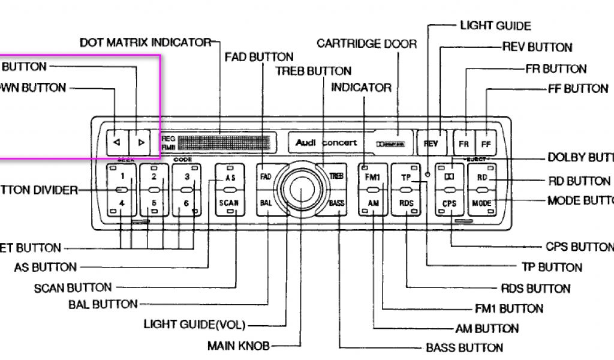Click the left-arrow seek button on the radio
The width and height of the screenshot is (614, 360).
(x=116, y=142)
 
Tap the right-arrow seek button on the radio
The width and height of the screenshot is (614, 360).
(x=141, y=142)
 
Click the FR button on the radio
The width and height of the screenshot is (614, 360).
(x=463, y=144)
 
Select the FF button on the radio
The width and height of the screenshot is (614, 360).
(x=486, y=144)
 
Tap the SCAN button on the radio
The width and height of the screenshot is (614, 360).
(x=229, y=203)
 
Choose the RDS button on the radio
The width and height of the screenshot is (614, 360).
(x=406, y=203)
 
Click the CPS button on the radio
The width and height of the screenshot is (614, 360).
(x=450, y=203)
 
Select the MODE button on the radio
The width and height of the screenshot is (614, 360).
(x=482, y=203)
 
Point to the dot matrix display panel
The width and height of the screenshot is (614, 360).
(x=227, y=142)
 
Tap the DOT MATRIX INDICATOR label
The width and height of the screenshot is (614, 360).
(x=146, y=43)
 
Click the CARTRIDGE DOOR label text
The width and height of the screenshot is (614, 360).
(x=359, y=43)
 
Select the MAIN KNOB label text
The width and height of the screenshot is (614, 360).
(x=239, y=346)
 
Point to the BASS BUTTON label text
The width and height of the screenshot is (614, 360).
(x=464, y=347)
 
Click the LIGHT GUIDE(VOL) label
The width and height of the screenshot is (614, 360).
(x=195, y=325)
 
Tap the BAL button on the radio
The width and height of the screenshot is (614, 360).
(x=266, y=203)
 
